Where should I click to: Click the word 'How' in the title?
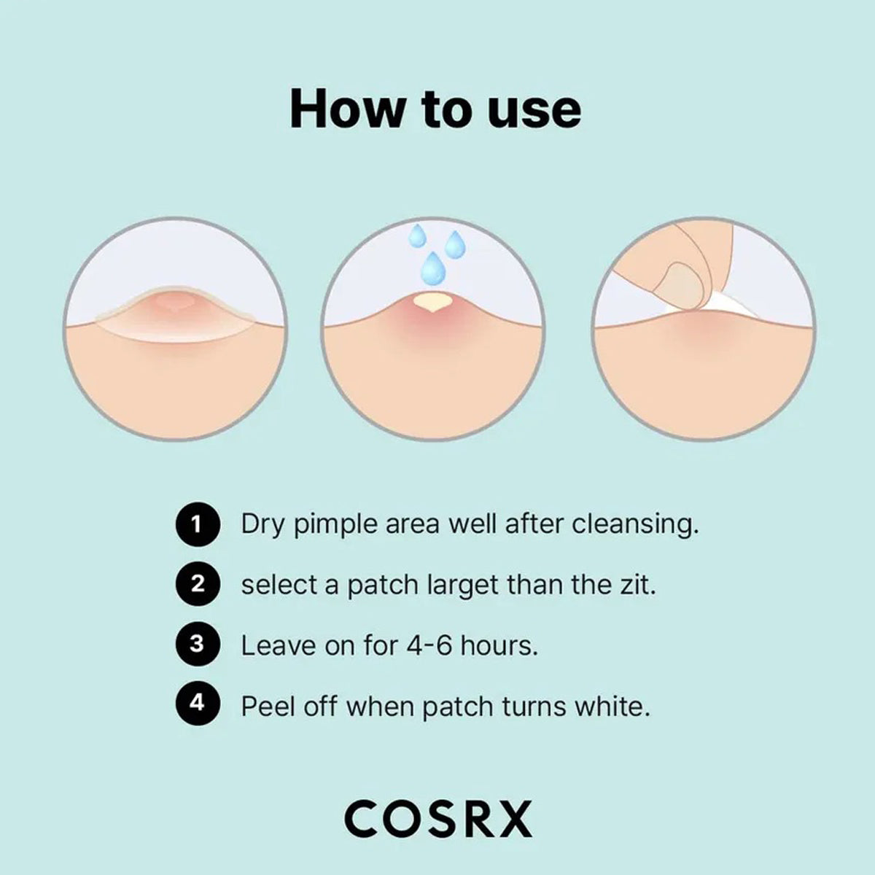[x=346, y=109]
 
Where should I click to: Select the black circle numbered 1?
[x=198, y=525]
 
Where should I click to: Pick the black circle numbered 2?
[x=198, y=585]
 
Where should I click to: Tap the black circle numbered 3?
[x=198, y=645]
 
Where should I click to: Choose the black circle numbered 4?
[x=198, y=704]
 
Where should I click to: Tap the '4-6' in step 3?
[x=429, y=645]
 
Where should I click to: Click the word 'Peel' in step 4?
[x=268, y=706]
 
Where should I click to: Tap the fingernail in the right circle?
[x=682, y=285]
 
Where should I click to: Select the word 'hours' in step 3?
[x=499, y=645]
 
